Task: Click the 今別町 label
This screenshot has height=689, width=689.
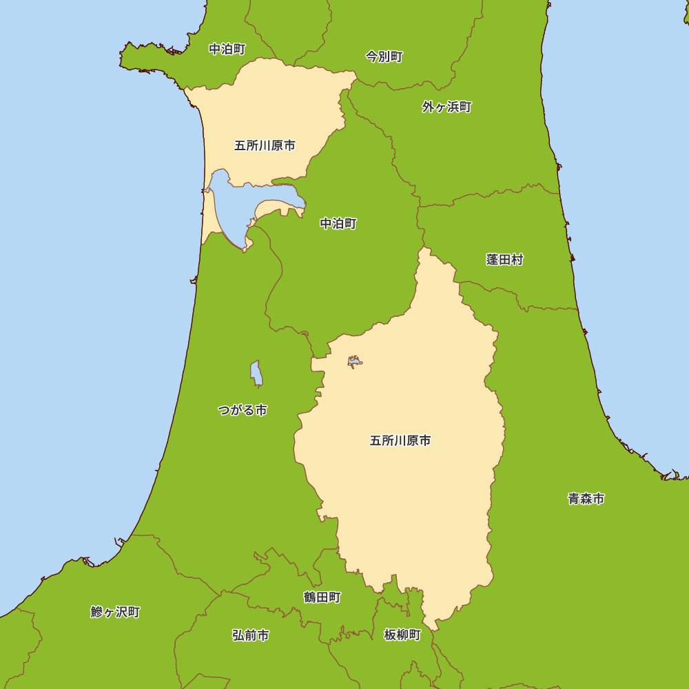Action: [384, 57]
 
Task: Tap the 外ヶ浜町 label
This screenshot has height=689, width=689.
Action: [447, 107]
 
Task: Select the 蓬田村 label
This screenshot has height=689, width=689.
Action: [504, 260]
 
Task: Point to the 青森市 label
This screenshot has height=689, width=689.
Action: [586, 499]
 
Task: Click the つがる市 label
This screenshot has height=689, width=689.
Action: [242, 411]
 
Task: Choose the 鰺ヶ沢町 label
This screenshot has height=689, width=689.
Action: [115, 612]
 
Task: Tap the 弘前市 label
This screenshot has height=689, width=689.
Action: [251, 635]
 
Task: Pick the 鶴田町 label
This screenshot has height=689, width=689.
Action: [322, 597]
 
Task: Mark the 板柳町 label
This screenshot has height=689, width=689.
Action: [402, 635]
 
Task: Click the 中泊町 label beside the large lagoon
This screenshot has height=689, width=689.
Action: [338, 224]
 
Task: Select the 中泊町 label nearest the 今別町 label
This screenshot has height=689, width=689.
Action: [227, 50]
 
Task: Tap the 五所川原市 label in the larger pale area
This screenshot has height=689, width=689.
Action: [400, 441]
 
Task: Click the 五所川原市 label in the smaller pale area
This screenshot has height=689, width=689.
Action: [265, 146]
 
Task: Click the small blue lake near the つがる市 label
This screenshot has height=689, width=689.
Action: [256, 373]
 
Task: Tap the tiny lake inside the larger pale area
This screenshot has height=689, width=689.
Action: [355, 361]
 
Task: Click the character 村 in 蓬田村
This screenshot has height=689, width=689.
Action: [517, 260]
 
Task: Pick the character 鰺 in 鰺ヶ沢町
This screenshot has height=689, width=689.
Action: [96, 612]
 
